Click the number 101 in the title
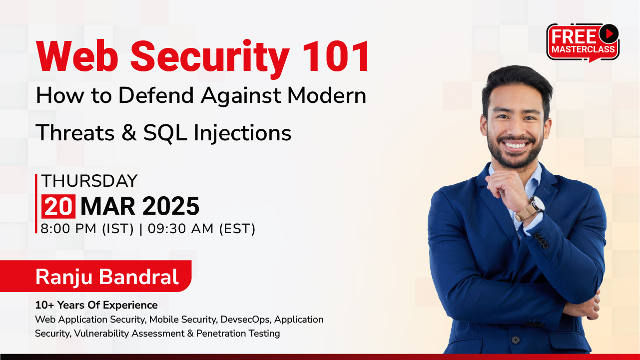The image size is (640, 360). pyautogui.click(x=336, y=56)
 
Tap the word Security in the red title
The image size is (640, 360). pyautogui.click(x=210, y=59)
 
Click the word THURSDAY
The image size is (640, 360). pyautogui.click(x=89, y=181)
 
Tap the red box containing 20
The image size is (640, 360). pyautogui.click(x=58, y=206)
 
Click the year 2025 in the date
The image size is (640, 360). pyautogui.click(x=170, y=206)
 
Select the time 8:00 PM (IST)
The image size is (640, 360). pyautogui.click(x=87, y=229)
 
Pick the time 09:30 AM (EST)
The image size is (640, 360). pyautogui.click(x=201, y=229)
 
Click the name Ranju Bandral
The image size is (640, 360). pyautogui.click(x=107, y=277)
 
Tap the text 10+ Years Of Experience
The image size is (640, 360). pyautogui.click(x=96, y=305)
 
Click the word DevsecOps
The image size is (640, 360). pyautogui.click(x=245, y=320)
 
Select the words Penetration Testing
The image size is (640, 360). pyautogui.click(x=238, y=334)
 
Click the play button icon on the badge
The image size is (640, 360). pyautogui.click(x=609, y=33)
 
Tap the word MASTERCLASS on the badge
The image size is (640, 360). pyautogui.click(x=583, y=49)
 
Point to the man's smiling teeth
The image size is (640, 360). pyautogui.click(x=516, y=145)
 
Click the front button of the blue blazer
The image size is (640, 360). pyautogui.click(x=516, y=340)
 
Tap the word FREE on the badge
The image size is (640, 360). pyautogui.click(x=574, y=37)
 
